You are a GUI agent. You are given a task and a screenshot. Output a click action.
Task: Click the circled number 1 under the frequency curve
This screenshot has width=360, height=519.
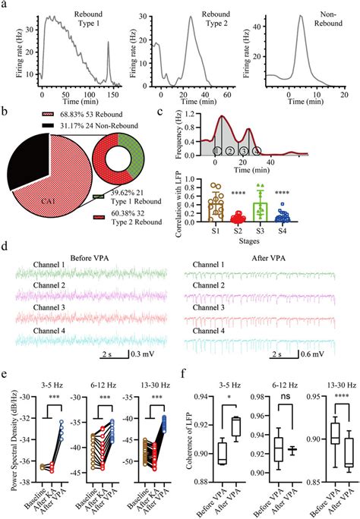tap(217, 150)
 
